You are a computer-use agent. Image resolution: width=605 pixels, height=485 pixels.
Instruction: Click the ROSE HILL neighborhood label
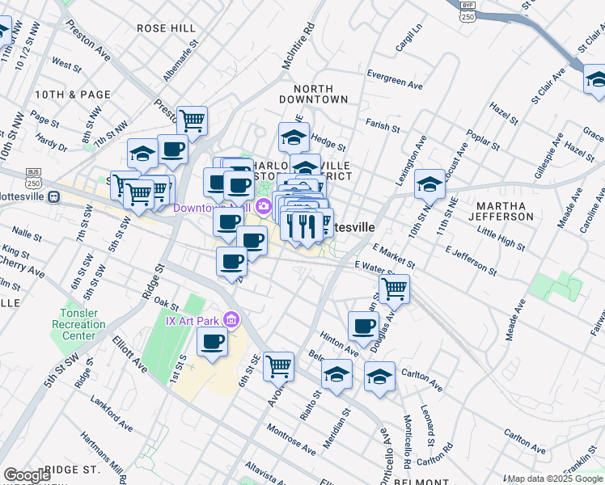coord(166,28)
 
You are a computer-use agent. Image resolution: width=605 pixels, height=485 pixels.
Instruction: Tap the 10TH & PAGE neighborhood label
coord(73,95)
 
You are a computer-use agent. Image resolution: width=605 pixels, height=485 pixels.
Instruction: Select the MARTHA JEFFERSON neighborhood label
coord(505,210)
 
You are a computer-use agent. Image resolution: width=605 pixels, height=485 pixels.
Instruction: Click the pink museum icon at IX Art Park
coord(232,321)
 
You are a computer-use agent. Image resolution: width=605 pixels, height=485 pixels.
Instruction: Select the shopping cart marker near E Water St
coord(394,288)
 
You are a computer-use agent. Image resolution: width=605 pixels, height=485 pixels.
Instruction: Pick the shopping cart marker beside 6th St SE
coord(278,365)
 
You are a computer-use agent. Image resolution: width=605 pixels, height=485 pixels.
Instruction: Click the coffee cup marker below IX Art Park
coord(212,342)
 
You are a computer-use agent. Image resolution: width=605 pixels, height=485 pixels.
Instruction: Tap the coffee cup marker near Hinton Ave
coord(363,326)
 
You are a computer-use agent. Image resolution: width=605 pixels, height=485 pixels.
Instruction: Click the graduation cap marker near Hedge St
coord(294,136)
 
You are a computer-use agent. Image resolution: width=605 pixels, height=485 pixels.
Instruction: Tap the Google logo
coord(27,475)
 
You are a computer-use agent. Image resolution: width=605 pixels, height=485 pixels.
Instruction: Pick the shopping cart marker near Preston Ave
coord(192,121)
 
